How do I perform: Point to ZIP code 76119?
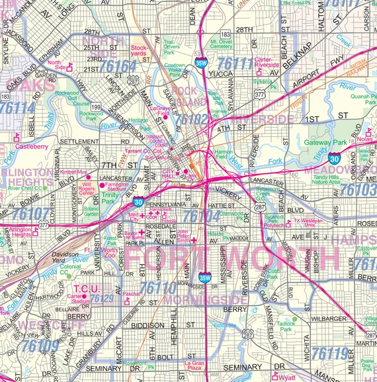[329, 354]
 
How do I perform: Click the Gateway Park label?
[325, 143]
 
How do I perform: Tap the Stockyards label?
[139, 52]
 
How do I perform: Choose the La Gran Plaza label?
[194, 366]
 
